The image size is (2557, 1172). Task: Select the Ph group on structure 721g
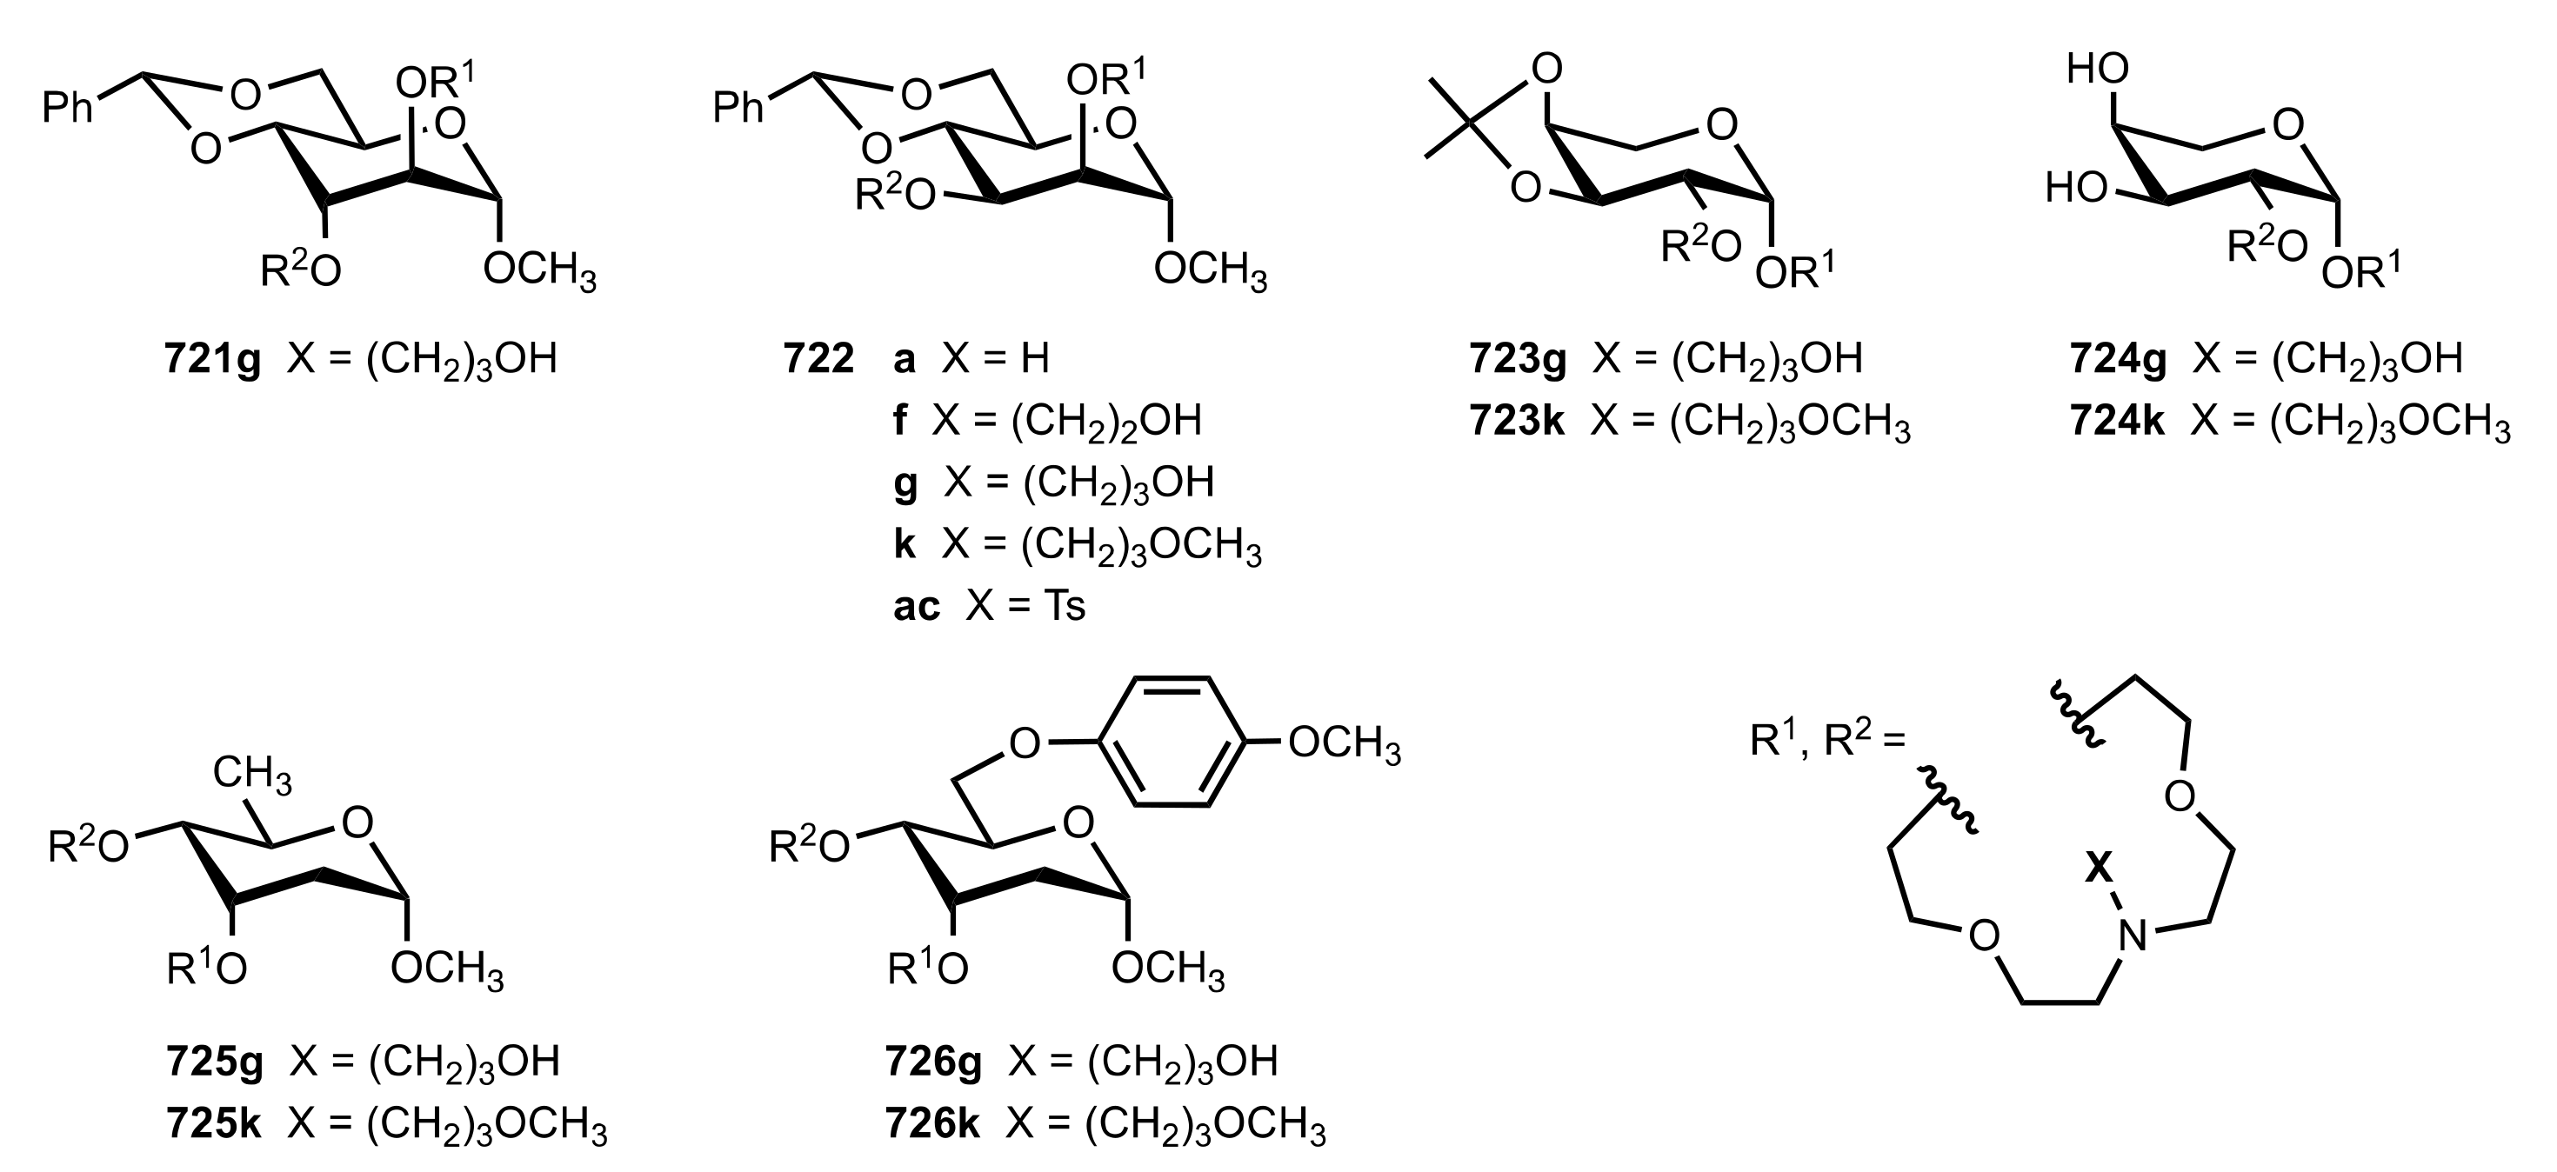(68, 106)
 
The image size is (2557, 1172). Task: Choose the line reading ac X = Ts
(989, 605)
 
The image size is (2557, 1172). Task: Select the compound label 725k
(213, 1125)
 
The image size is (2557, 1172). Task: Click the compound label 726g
(933, 1062)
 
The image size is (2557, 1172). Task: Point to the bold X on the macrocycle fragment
(2098, 869)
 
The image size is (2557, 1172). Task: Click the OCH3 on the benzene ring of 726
(1344, 743)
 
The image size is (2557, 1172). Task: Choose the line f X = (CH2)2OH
(1047, 421)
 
